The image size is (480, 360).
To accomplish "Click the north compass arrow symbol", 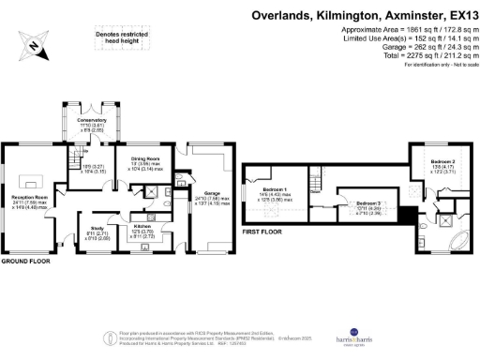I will (x=35, y=44).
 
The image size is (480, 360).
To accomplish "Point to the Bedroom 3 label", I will (x=367, y=202).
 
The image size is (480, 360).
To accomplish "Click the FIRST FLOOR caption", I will (x=263, y=230).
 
